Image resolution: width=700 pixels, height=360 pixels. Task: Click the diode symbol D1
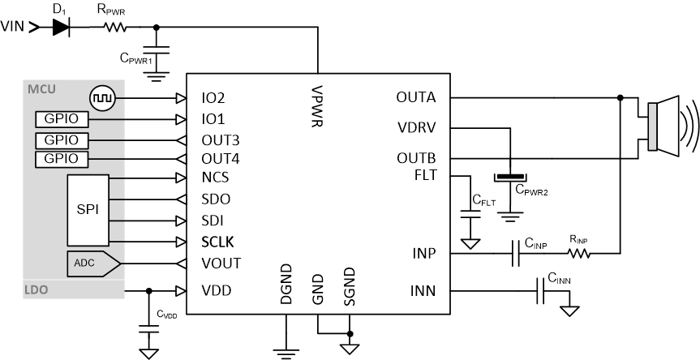[x=61, y=27]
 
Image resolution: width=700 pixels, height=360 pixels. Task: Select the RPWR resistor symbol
[x=114, y=27]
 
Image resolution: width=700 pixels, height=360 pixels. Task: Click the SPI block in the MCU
[x=88, y=209]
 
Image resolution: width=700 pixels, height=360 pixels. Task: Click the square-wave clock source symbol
[x=104, y=98]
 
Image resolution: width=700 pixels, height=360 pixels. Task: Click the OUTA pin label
[x=416, y=98]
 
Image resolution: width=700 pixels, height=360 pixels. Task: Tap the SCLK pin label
[x=218, y=242]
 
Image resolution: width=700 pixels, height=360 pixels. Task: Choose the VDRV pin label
[x=417, y=127]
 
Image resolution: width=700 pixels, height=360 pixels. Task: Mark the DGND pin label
[x=286, y=285]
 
